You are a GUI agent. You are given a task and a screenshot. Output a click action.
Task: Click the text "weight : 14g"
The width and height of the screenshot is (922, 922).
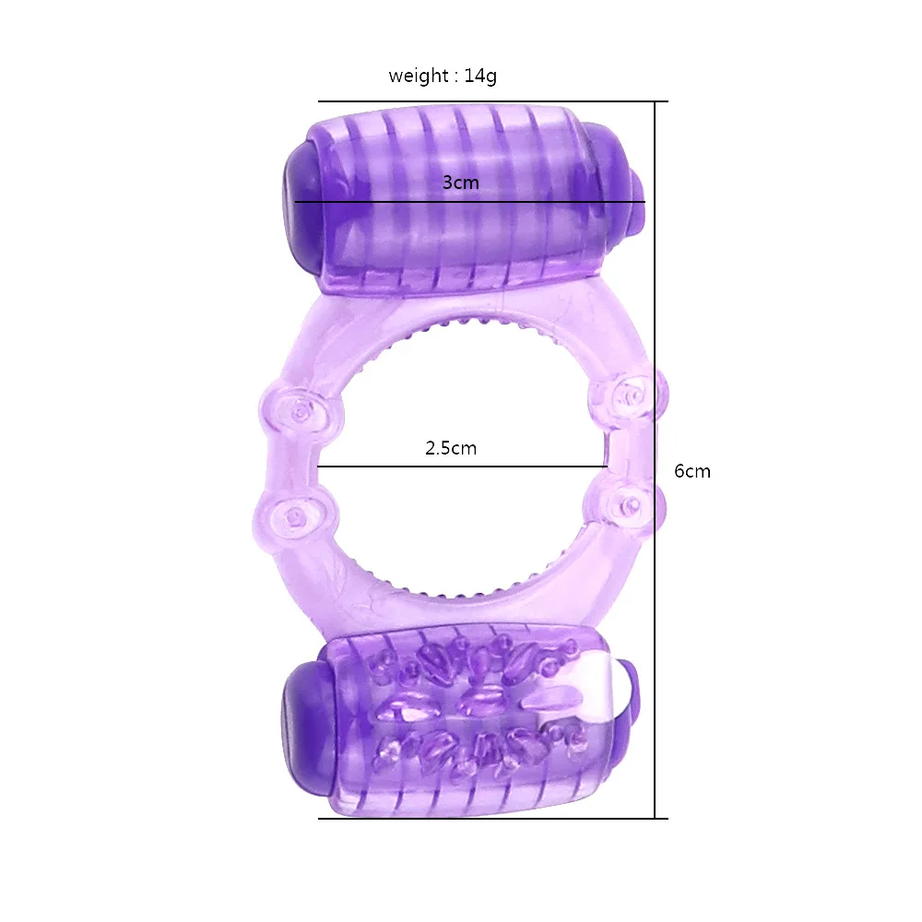[x=442, y=77]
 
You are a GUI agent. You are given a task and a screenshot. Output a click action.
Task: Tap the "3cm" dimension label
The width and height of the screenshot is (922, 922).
[x=460, y=183]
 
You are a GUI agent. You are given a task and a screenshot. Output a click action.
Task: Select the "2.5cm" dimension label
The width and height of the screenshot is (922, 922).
[x=451, y=449]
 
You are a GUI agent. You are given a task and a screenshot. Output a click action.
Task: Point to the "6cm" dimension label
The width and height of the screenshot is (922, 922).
[x=692, y=471]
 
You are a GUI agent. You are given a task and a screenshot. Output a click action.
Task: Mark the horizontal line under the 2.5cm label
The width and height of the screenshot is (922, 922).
[x=461, y=467]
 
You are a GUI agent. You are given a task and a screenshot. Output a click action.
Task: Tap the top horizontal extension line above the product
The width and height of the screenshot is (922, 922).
[x=489, y=101]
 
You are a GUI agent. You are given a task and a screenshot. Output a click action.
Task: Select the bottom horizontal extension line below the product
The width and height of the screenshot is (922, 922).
[x=489, y=818]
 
